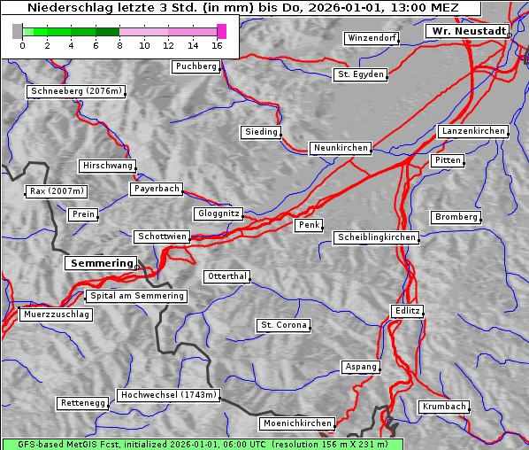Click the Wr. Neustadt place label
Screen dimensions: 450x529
coord(467,31)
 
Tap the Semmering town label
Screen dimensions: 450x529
coord(101,263)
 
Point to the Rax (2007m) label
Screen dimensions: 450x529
coord(56,191)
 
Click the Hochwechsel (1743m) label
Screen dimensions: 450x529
coord(168,395)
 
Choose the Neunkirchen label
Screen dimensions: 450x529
coord(340,148)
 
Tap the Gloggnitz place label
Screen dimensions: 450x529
coord(217,214)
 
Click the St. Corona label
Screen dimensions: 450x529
coord(283,325)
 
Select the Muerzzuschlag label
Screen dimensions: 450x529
coord(56,314)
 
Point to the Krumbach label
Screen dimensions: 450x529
coord(443,407)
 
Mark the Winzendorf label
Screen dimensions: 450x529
coord(372,39)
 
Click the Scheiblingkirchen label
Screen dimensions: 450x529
coord(376,237)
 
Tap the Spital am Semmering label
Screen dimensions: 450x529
coord(136,296)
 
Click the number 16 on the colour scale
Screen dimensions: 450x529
coord(218,45)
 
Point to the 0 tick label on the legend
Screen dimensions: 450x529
coord(22,45)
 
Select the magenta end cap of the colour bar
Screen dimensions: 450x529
coord(221,32)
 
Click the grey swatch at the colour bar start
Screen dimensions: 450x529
coord(18,32)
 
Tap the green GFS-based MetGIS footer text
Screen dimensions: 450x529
coord(203,444)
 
